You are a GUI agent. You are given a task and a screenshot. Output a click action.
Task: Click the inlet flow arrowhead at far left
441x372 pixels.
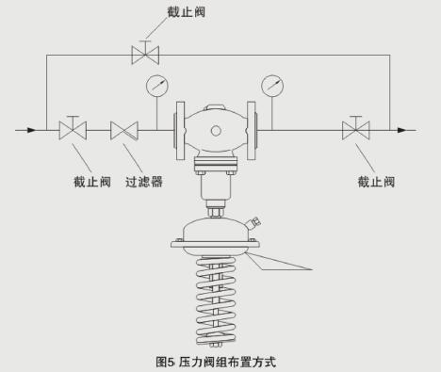click(x=35, y=128)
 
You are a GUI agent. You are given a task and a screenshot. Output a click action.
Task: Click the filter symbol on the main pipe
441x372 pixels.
click(x=123, y=128)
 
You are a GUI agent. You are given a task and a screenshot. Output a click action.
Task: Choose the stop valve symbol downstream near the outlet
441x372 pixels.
click(x=355, y=128)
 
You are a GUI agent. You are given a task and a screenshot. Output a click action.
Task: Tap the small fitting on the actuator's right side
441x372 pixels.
click(x=254, y=222)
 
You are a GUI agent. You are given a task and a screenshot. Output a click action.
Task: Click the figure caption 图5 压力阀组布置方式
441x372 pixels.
click(x=216, y=360)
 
